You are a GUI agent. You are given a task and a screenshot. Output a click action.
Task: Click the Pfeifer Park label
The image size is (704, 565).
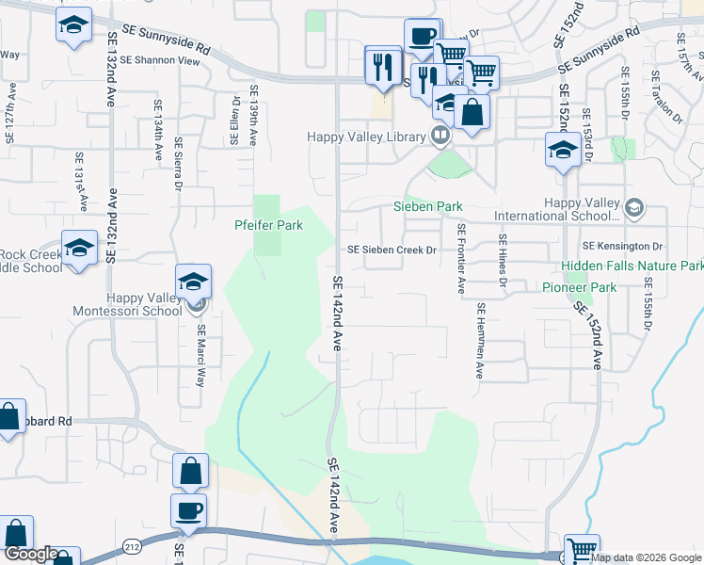[268, 226]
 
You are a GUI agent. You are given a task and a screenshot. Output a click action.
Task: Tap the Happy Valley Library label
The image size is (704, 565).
[367, 137]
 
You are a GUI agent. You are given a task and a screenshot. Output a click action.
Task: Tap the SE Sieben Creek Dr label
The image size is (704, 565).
[392, 250]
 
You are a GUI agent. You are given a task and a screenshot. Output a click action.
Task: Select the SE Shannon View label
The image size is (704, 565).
[168, 60]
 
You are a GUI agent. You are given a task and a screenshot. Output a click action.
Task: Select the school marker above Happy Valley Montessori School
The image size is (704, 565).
[193, 281]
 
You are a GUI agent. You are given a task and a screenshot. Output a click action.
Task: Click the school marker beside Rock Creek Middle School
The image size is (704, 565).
[80, 248]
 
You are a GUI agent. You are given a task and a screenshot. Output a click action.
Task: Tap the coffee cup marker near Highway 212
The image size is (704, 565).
[189, 510]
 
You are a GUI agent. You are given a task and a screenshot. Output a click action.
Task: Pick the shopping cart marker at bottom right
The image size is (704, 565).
[582, 549]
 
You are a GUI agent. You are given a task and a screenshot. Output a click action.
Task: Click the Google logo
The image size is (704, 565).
[30, 555]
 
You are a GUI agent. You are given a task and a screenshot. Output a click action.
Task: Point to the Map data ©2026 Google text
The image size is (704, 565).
[646, 557]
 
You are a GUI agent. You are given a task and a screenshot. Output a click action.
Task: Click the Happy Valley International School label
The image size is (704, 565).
[584, 209]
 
